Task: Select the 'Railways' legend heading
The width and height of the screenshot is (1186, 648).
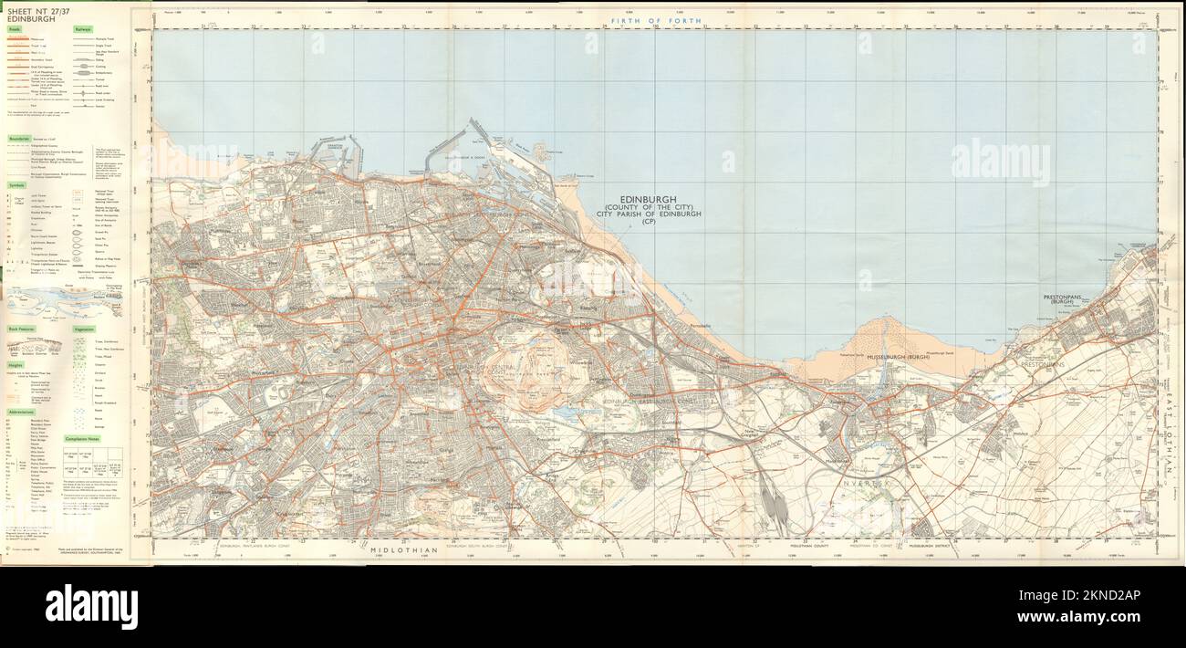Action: (x=83, y=29)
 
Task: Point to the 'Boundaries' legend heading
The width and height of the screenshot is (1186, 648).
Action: (x=20, y=139)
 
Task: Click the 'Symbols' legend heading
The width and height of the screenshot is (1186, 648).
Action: (x=17, y=184)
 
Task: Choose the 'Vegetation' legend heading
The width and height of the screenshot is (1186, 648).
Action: (x=84, y=328)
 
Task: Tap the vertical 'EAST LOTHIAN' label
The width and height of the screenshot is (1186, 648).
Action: (x=1170, y=429)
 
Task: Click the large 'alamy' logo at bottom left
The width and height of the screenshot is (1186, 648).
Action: (x=91, y=606)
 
